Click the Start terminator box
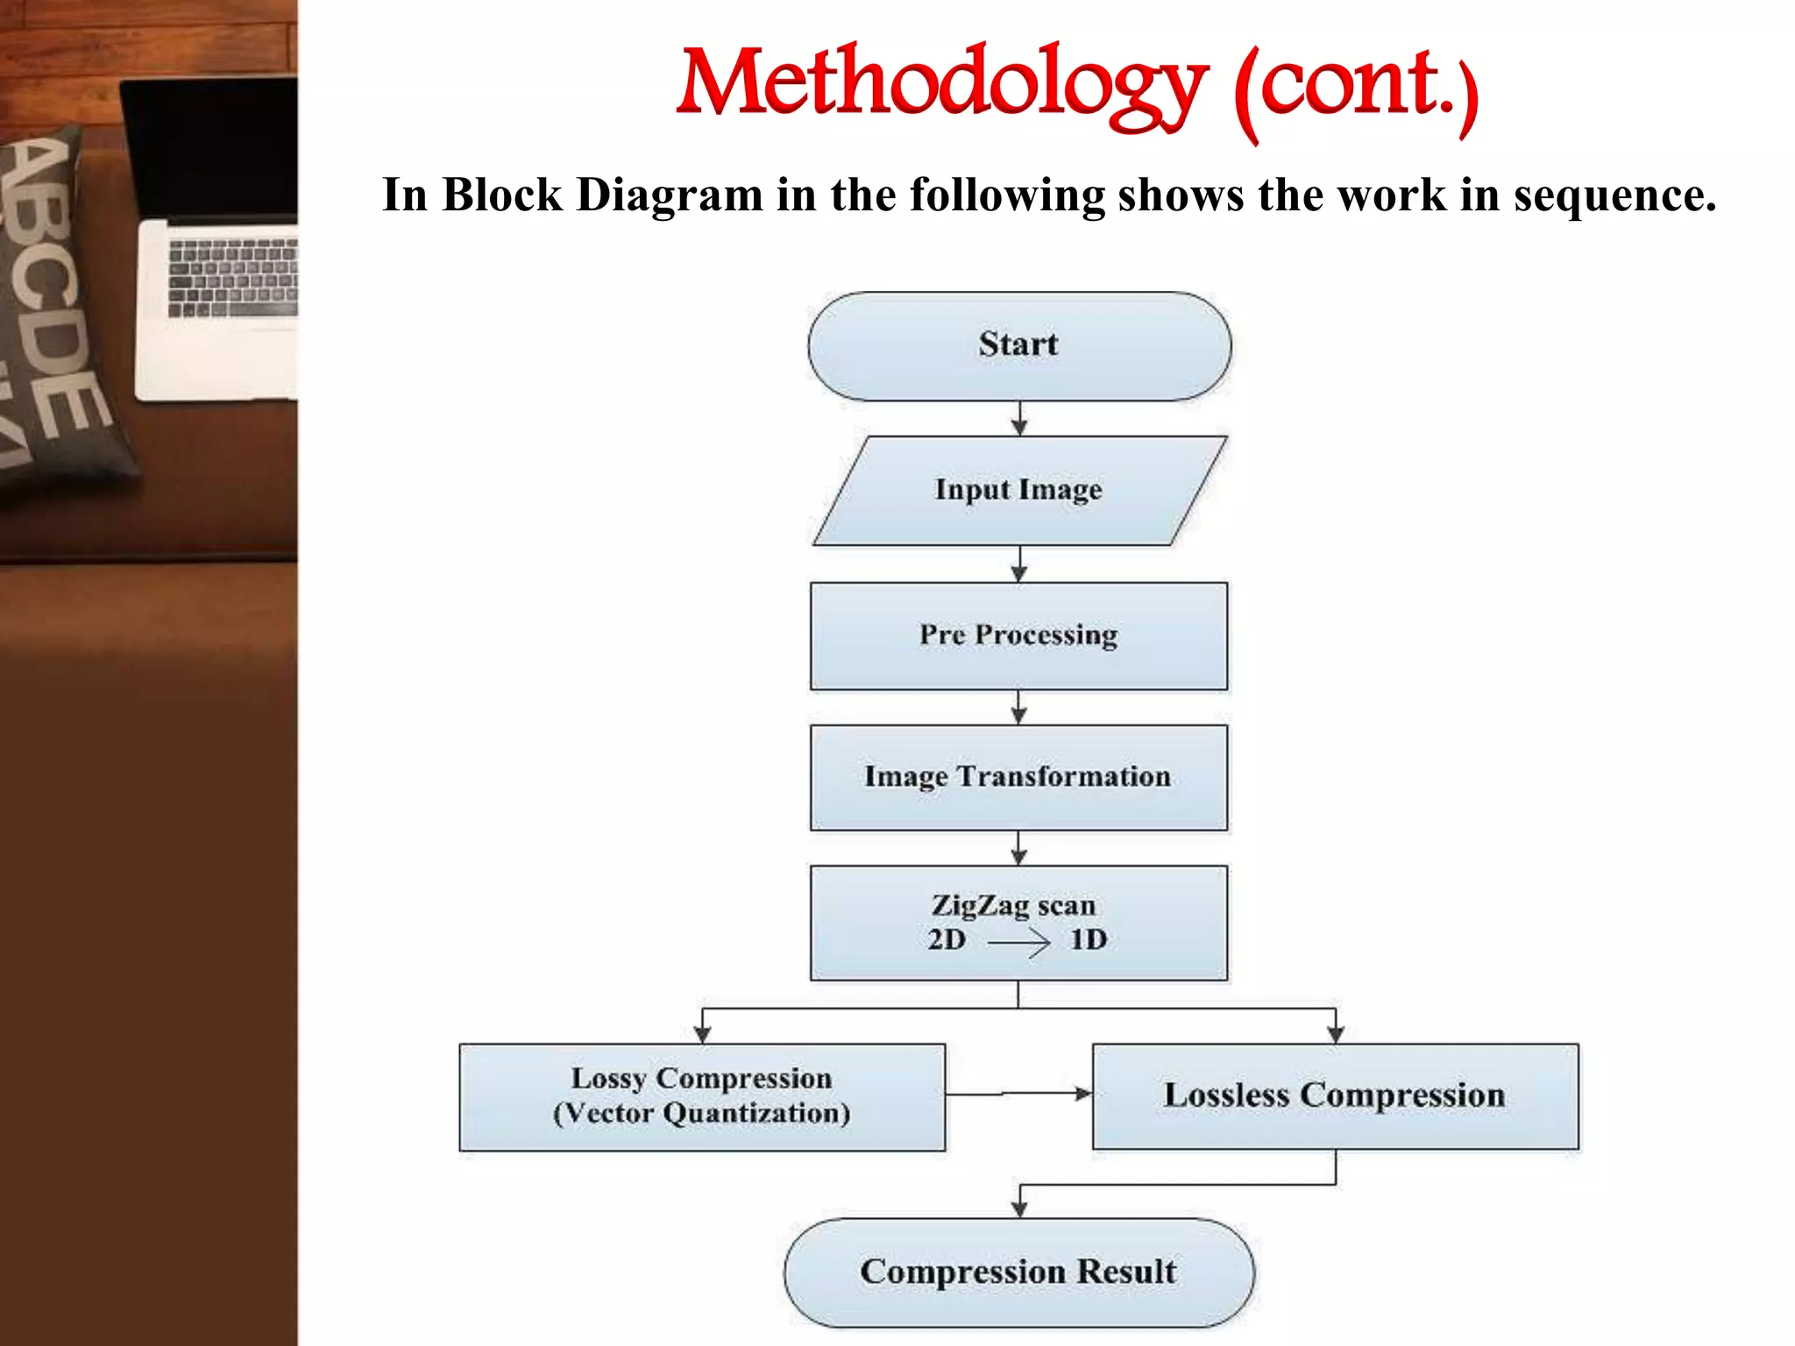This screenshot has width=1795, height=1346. point(1018,347)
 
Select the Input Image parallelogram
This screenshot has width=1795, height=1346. point(1018,491)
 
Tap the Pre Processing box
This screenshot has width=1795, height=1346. point(1018,636)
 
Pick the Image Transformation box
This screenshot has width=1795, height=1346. point(1018,777)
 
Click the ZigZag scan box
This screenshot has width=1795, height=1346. point(1018,922)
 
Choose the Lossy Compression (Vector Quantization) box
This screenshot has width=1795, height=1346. point(702,1096)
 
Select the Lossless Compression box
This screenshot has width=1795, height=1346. point(1335,1096)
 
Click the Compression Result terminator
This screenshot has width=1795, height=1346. point(1018,1272)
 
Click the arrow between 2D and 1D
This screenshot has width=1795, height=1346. point(1018,943)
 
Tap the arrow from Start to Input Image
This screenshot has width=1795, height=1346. point(1018,419)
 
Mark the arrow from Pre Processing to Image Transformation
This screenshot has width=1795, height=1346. point(1018,707)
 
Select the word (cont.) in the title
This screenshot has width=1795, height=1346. point(1355,88)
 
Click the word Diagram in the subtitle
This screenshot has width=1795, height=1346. point(670,195)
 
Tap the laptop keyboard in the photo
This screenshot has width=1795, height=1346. point(233,277)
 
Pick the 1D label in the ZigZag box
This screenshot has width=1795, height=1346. point(1089,940)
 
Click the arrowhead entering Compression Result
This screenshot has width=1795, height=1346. point(1018,1208)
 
